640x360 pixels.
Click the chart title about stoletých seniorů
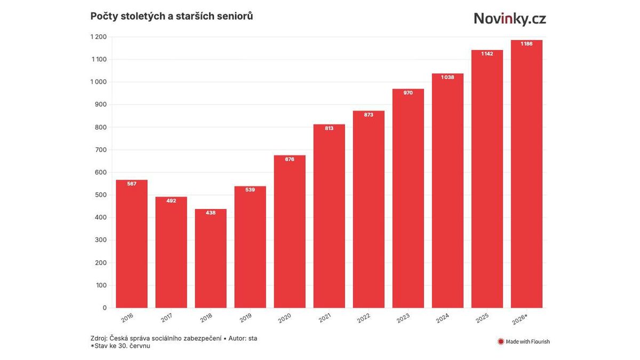point(171,17)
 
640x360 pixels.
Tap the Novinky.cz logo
point(510,19)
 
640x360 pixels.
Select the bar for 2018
point(211,258)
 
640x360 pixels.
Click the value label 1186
point(526,44)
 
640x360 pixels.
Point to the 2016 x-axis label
point(127,318)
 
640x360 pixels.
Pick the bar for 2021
point(329,216)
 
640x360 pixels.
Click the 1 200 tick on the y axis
point(99,37)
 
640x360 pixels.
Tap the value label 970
point(408,93)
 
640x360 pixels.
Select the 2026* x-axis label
point(519,319)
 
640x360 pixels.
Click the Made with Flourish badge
point(523,341)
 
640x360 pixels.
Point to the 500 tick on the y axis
point(101,195)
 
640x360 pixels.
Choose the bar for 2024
point(447,190)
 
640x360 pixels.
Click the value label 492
point(171,201)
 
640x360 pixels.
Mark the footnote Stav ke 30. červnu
point(121,346)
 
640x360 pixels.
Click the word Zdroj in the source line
point(99,338)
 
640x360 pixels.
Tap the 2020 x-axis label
point(285,318)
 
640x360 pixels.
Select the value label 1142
point(487,54)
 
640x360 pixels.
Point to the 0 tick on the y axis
point(105,308)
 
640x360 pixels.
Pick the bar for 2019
point(250,247)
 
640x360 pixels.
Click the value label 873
point(369,115)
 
